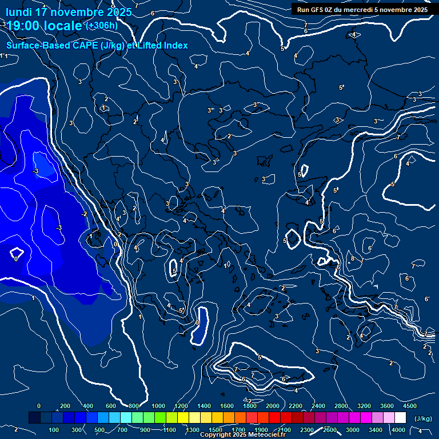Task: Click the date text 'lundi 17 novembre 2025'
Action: [69, 12]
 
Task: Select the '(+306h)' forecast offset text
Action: [101, 25]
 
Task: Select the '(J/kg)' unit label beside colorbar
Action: [422, 419]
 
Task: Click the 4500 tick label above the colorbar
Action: [409, 406]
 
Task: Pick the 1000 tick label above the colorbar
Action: [158, 406]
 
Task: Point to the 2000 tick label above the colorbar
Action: [273, 406]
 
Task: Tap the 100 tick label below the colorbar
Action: [54, 430]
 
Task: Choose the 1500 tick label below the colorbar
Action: [215, 430]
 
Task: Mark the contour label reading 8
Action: [352, 259]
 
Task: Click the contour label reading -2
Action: [83, 214]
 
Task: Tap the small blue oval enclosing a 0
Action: [198, 325]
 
